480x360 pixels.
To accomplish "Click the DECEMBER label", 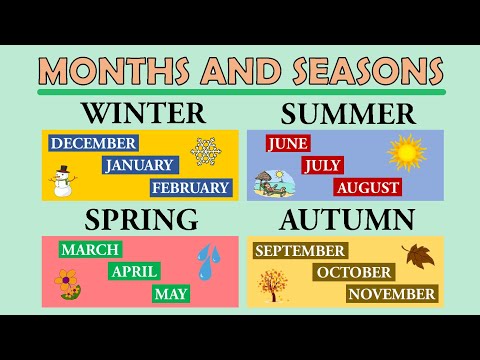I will point(93,143).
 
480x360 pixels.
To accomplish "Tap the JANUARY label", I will point(139,165).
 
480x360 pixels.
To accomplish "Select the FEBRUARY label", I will point(191,187).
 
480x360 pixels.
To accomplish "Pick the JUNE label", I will point(288,143).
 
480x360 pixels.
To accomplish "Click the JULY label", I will point(321,165).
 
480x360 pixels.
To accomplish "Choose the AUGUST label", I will point(367,187).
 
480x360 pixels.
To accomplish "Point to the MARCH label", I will point(90,249).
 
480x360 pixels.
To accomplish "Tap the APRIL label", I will point(135,271).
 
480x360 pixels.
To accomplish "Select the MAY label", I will point(170,293).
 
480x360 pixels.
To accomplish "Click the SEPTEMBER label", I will point(300,251).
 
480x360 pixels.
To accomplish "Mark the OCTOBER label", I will point(353,272).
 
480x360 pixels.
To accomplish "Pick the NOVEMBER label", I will point(392,294).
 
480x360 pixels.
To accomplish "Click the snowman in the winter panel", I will point(62,181).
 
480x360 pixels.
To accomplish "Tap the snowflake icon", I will point(205,151).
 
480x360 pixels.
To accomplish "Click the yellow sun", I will point(408,153).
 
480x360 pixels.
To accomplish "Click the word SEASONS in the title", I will point(343,71).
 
